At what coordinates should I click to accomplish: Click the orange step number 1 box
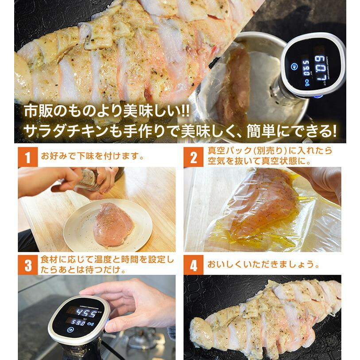coord(28,157)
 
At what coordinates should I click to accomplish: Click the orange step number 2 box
coord(194,157)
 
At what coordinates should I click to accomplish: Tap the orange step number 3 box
coord(28,265)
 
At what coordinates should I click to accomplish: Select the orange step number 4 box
coord(194,265)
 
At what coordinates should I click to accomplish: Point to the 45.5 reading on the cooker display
coord(86,313)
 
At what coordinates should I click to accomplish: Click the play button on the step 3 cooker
coord(70,330)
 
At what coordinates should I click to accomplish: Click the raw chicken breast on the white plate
coord(112,225)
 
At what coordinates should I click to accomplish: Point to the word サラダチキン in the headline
coord(66,132)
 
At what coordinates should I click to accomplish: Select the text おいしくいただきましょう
coord(263,264)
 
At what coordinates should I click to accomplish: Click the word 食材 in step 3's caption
coord(50,259)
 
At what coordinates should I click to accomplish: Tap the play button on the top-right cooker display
coord(294,67)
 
